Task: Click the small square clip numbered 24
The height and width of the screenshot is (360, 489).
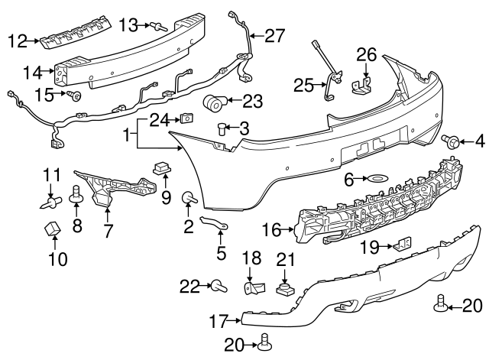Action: click(x=186, y=118)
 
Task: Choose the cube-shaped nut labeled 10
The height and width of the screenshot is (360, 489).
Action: click(x=53, y=229)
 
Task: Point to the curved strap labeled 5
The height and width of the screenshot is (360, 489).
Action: click(x=214, y=225)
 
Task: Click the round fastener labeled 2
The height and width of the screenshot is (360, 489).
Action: click(x=187, y=199)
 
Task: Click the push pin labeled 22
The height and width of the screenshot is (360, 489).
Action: click(x=219, y=287)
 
